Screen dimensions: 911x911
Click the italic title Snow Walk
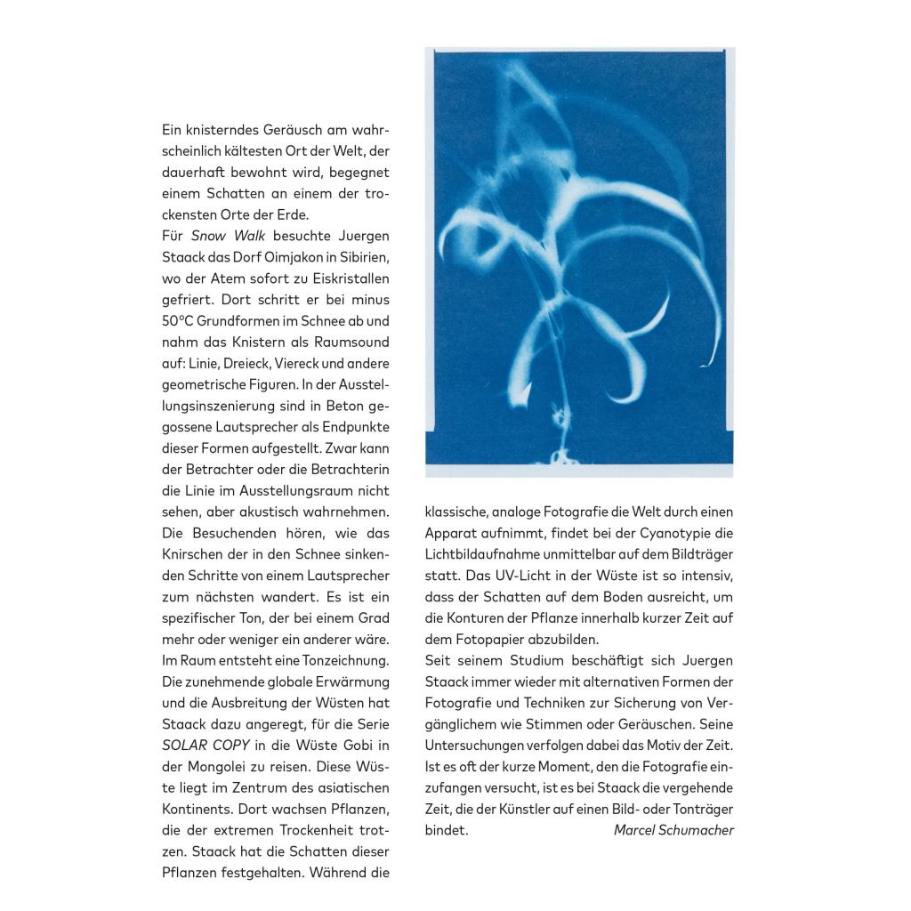pos(228,236)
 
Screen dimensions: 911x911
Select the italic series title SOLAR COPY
pos(206,746)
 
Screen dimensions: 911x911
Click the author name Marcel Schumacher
pos(673,831)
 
